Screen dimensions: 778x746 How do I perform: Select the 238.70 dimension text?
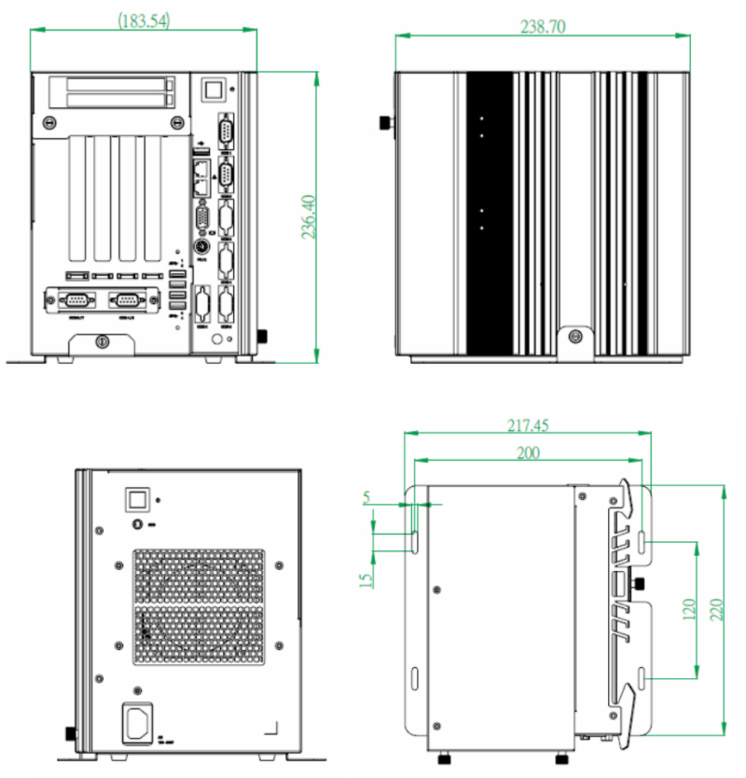coord(543,27)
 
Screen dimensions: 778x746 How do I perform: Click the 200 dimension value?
coord(529,452)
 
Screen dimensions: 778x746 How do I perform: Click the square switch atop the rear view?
coord(138,498)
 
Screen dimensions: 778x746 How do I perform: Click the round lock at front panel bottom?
coord(103,342)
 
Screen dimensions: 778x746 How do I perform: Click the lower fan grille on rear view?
coord(198,636)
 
